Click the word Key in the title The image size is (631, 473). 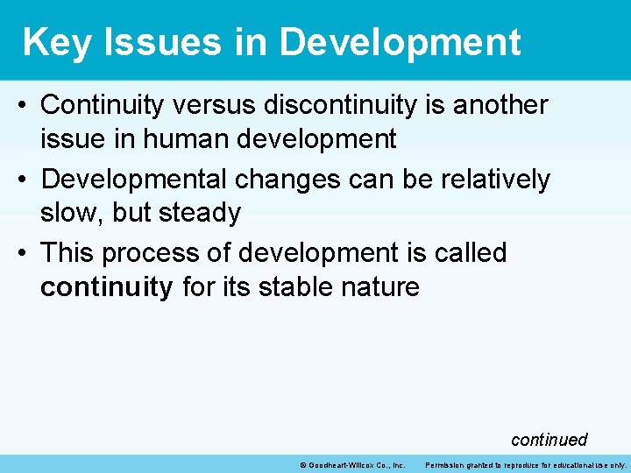point(57,42)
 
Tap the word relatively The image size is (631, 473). point(494,180)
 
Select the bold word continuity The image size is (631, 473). point(107,287)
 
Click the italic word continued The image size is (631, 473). point(549,440)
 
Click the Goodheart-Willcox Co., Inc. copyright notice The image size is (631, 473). point(352,464)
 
